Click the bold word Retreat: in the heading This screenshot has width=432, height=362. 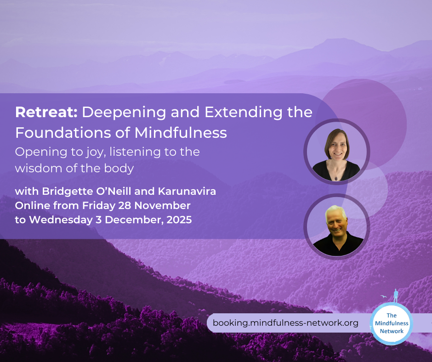46,112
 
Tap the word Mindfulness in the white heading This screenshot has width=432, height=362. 181,132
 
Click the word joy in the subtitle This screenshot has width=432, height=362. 96,153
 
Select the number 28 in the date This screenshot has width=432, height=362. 125,205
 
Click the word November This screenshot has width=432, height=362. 163,205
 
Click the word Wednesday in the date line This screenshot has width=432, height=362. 61,220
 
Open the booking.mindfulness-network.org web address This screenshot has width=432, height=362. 285,322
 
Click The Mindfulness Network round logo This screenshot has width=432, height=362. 392,323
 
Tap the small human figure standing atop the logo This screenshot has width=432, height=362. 396,295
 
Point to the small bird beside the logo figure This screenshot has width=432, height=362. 383,297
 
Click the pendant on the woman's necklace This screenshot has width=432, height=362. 336,178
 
